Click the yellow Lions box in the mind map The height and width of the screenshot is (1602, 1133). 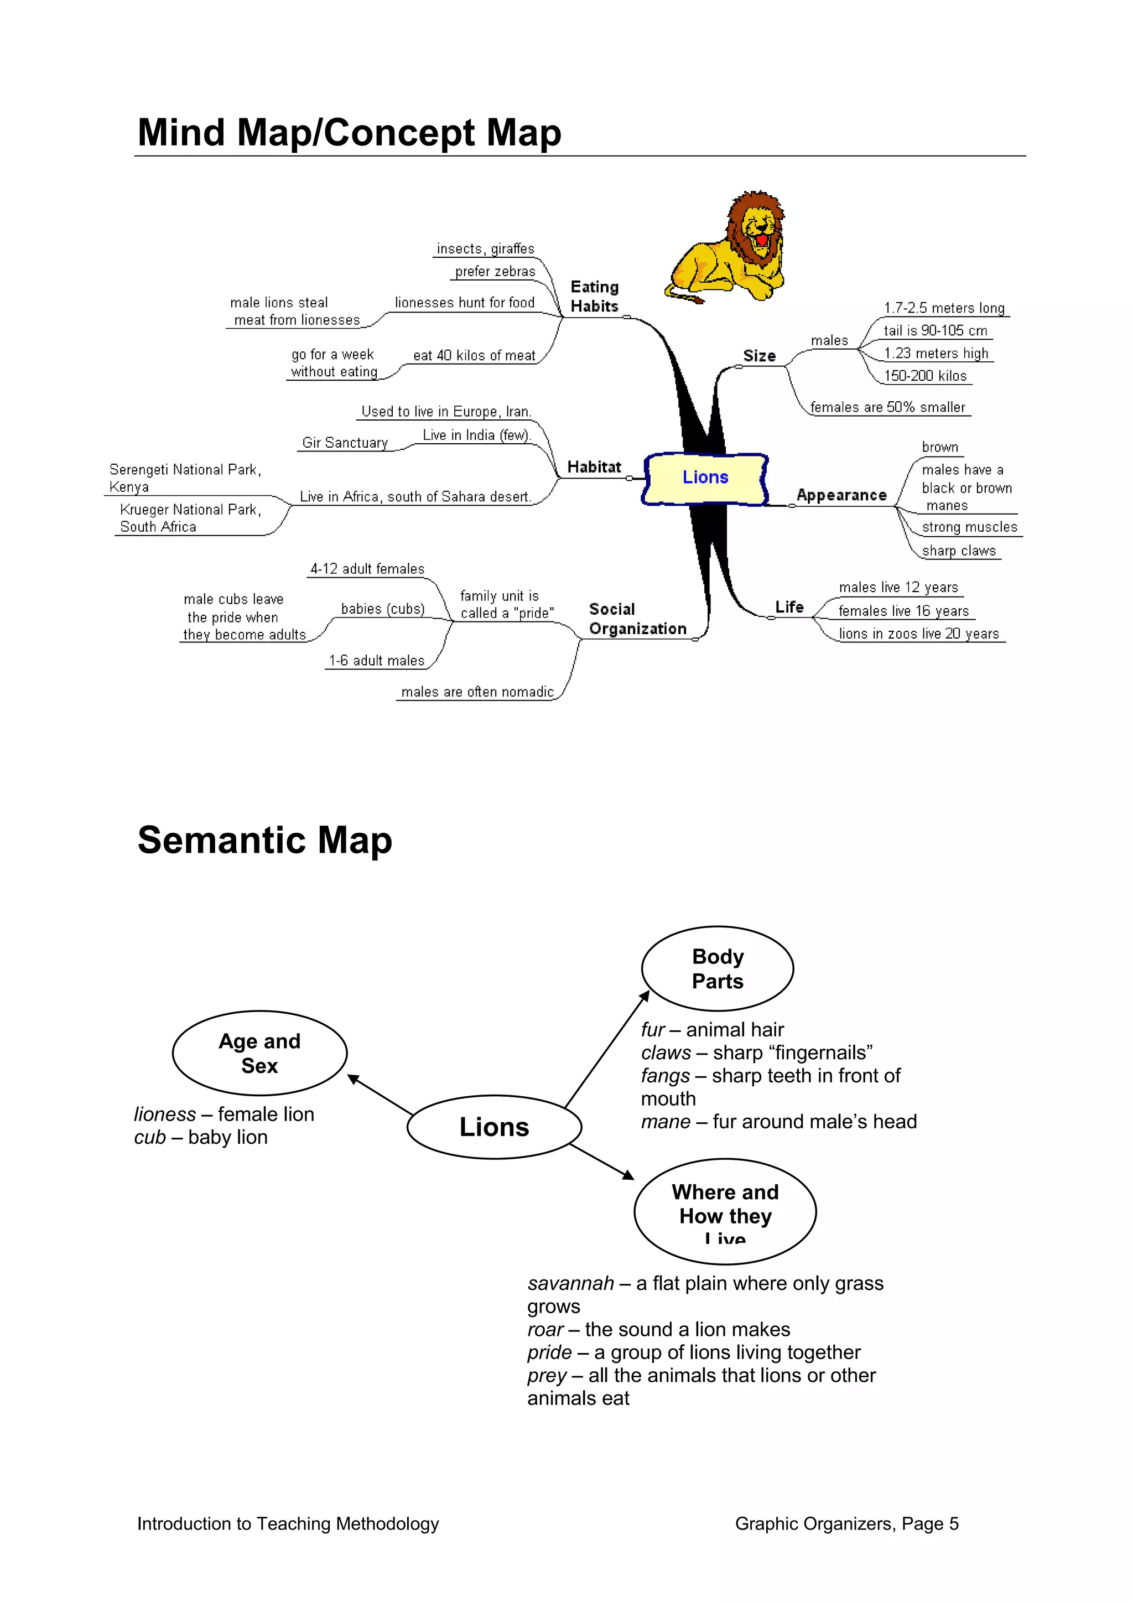(x=705, y=478)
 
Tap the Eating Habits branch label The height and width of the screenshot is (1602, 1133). (x=594, y=297)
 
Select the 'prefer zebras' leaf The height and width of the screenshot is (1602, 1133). (x=495, y=271)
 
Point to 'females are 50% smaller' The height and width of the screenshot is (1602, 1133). (x=887, y=407)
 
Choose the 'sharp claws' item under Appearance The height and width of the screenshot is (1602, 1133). (x=959, y=551)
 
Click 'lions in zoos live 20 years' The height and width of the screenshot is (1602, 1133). (x=919, y=634)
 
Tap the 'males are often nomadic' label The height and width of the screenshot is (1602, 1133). (x=477, y=692)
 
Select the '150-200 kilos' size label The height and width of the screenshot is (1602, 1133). (x=925, y=376)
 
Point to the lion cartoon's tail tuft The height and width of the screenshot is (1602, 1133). (x=695, y=299)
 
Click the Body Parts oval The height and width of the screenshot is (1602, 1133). (x=717, y=968)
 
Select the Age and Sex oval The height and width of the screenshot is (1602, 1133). (x=259, y=1053)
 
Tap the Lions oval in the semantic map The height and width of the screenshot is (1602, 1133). (x=494, y=1127)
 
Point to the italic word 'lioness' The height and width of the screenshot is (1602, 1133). (x=165, y=1114)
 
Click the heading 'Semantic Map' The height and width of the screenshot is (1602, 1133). (x=264, y=840)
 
